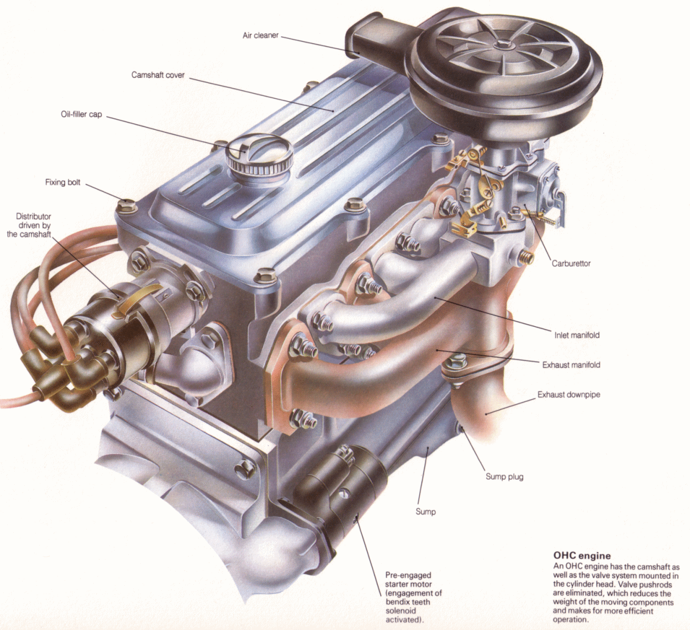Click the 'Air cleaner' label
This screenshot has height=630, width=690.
pyautogui.click(x=260, y=35)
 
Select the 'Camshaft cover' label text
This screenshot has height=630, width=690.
pyautogui.click(x=158, y=75)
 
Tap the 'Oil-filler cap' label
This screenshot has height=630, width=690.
pyautogui.click(x=81, y=114)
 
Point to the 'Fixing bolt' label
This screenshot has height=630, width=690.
pyautogui.click(x=62, y=182)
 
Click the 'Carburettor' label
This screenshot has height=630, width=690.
pyautogui.click(x=571, y=264)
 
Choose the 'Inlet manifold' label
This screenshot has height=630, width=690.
pyautogui.click(x=577, y=335)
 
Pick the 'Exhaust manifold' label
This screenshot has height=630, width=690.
pyautogui.click(x=571, y=365)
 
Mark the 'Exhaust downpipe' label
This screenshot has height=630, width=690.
pyautogui.click(x=568, y=395)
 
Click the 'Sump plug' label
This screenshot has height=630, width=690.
pyautogui.click(x=504, y=477)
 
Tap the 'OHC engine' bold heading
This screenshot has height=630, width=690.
pyautogui.click(x=582, y=556)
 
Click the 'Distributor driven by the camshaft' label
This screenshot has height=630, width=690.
pyautogui.click(x=31, y=225)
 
